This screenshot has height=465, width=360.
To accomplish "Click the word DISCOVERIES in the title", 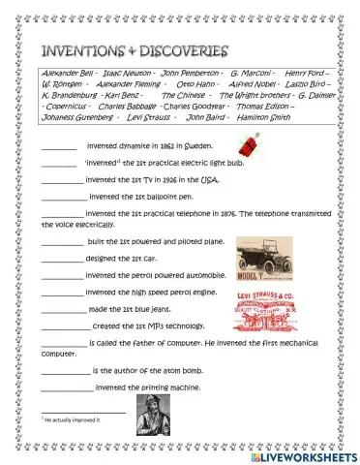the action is click(x=181, y=49).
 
